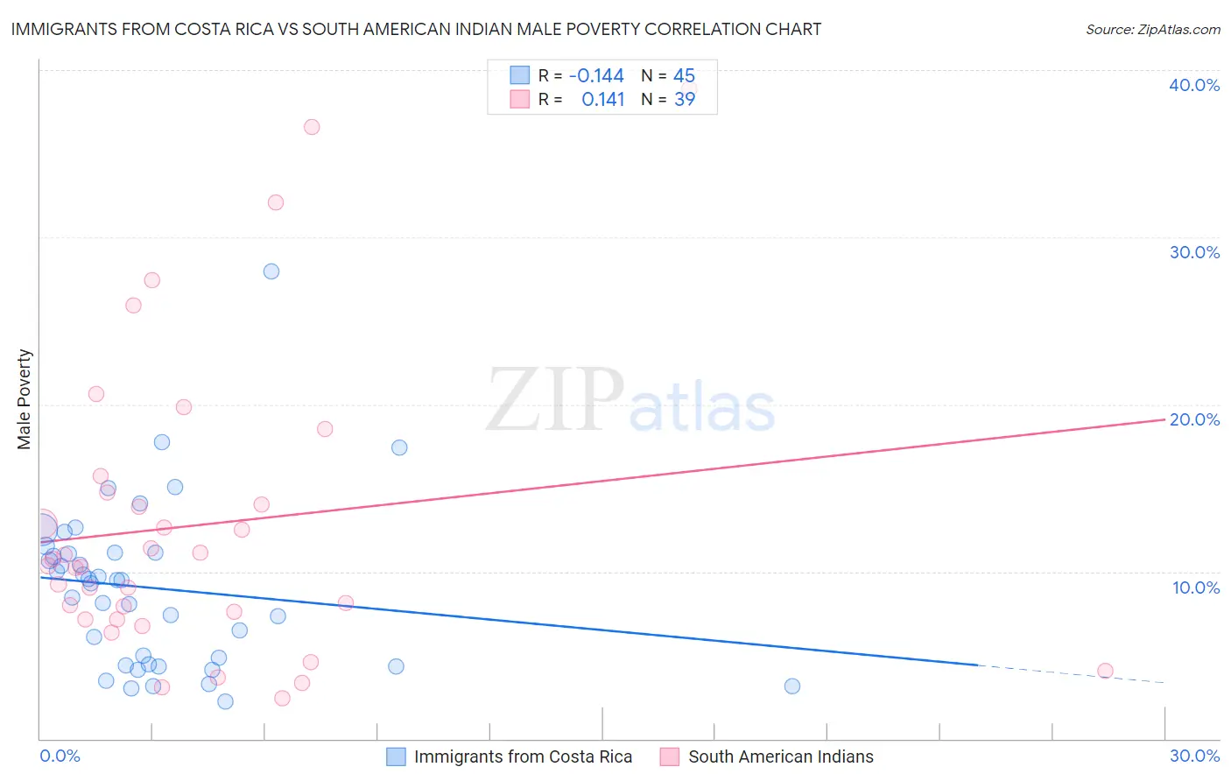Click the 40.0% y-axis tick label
coord(1193,85)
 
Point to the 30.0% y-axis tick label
coord(1194,252)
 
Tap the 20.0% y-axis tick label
coord(1194,419)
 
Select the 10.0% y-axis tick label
coord(1195,588)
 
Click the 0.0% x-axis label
coord(60,756)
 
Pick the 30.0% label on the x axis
coord(1194,756)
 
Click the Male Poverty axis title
coord(25,399)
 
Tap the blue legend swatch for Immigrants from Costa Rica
coord(397,756)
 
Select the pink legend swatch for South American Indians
coord(670,756)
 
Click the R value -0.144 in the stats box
coord(596,76)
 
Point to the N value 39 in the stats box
coord(685,100)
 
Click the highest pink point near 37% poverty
coord(312,127)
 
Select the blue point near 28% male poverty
coord(271,271)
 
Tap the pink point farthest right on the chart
coord(1105,671)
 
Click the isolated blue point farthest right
coord(792,686)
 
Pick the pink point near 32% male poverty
coord(276,202)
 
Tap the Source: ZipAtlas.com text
coord(1152,29)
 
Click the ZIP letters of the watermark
coord(554,401)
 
